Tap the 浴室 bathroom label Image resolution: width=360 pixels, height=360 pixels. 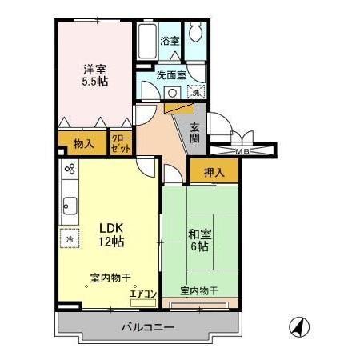tap(170, 40)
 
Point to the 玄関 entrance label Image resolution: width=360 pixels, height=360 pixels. tap(195, 131)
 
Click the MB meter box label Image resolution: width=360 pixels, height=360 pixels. tap(242, 150)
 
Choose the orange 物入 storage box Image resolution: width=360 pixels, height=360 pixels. tap(83, 144)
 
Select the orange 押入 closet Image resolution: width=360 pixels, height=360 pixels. tap(213, 170)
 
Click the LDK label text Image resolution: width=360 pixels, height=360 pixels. tap(110, 226)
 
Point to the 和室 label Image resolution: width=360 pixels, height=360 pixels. tap(199, 234)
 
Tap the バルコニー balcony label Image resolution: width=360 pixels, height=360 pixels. tap(149, 326)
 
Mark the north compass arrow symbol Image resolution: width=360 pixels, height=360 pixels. tap(297, 327)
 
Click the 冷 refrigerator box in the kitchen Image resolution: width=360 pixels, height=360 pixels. tap(70, 238)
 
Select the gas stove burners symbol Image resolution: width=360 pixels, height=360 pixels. tap(70, 170)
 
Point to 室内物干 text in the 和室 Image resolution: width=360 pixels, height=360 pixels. tap(198, 290)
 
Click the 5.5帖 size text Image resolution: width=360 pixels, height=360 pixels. tap(96, 81)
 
